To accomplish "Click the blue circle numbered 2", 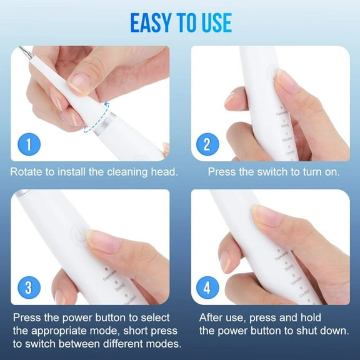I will pos(207,146).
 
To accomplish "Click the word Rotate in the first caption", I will pos(27,171).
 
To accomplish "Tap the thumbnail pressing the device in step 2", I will pos(289,81).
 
